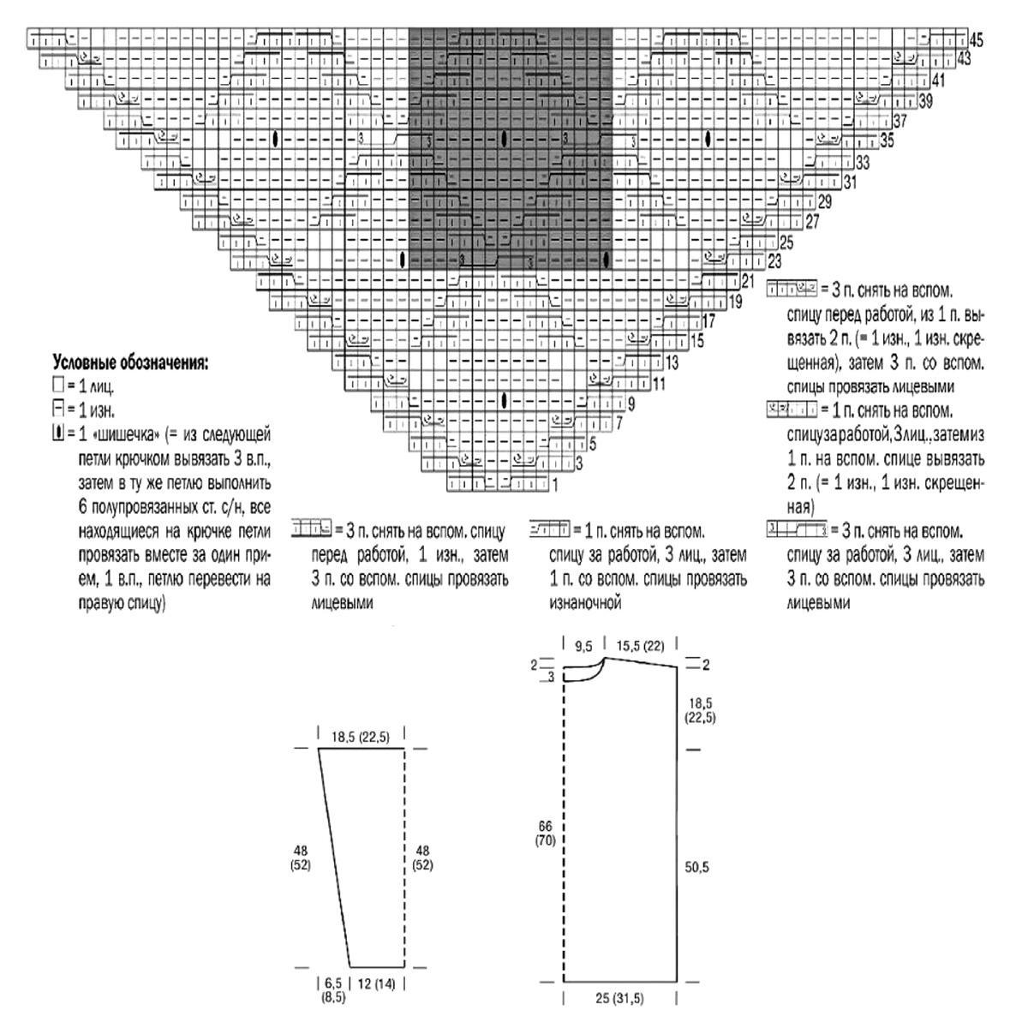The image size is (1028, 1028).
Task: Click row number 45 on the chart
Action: tap(977, 39)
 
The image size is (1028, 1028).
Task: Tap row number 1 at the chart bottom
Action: tap(555, 485)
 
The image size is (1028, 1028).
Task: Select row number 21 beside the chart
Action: tap(747, 280)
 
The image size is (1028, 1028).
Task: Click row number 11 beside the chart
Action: tap(658, 384)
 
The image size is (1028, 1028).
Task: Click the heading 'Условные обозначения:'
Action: tap(129, 362)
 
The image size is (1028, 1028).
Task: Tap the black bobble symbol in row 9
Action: tap(505, 399)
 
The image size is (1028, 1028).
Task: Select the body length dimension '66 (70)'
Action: tap(546, 833)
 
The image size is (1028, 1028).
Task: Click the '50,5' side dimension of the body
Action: tap(698, 867)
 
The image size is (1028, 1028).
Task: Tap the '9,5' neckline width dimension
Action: tap(585, 643)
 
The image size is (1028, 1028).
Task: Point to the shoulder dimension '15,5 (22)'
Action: tap(642, 643)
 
